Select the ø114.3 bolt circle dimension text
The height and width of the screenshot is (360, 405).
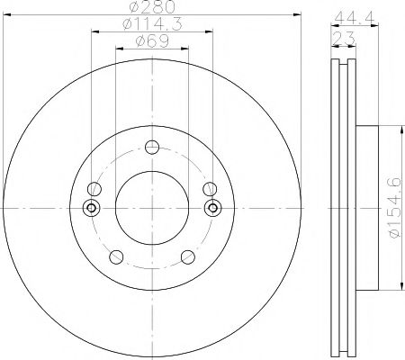(150, 27)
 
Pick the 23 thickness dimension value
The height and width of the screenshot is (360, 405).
(343, 35)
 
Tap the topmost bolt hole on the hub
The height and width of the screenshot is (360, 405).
(150, 148)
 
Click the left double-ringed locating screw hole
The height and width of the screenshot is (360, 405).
(89, 208)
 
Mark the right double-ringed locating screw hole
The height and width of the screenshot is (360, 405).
(212, 208)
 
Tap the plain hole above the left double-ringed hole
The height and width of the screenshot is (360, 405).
(93, 189)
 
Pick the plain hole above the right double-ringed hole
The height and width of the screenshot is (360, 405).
(209, 189)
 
